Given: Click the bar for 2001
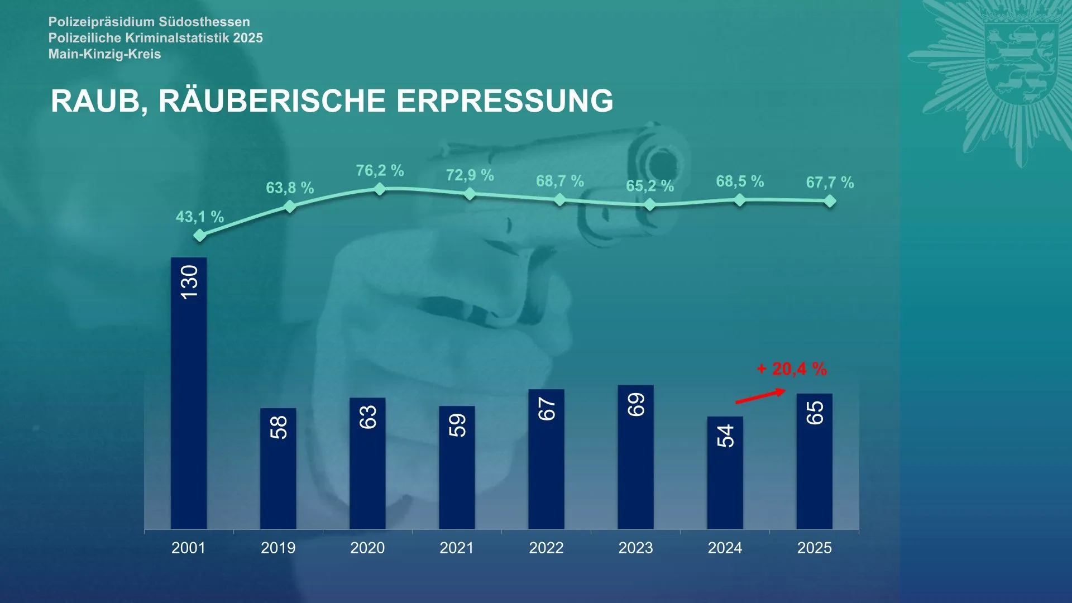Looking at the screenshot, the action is pyautogui.click(x=189, y=393).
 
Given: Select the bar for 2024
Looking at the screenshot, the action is pyautogui.click(x=725, y=473).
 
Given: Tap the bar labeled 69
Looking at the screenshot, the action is pyautogui.click(x=635, y=457).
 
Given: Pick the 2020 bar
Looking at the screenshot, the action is pyautogui.click(x=367, y=463).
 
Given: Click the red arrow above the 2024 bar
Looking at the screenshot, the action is pyautogui.click(x=760, y=396).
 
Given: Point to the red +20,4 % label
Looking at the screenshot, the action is pyautogui.click(x=792, y=369).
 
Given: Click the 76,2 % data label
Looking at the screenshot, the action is pyautogui.click(x=380, y=170).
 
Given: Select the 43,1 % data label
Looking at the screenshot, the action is pyautogui.click(x=200, y=217).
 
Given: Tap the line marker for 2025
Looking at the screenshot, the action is pyautogui.click(x=830, y=201).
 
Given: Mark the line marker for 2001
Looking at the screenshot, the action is pyautogui.click(x=199, y=236).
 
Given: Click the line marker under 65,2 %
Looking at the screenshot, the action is pyautogui.click(x=650, y=205).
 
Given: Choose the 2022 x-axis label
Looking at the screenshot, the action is pyautogui.click(x=546, y=548).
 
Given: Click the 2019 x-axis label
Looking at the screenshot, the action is pyautogui.click(x=278, y=548).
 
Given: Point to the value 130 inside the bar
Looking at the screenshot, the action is pyautogui.click(x=189, y=282).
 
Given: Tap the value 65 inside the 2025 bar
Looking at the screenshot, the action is pyautogui.click(x=815, y=413).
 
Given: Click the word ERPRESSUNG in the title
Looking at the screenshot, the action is pyautogui.click(x=505, y=101).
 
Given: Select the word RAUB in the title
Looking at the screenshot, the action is pyautogui.click(x=95, y=102).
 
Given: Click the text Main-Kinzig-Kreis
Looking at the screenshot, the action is pyautogui.click(x=105, y=54).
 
